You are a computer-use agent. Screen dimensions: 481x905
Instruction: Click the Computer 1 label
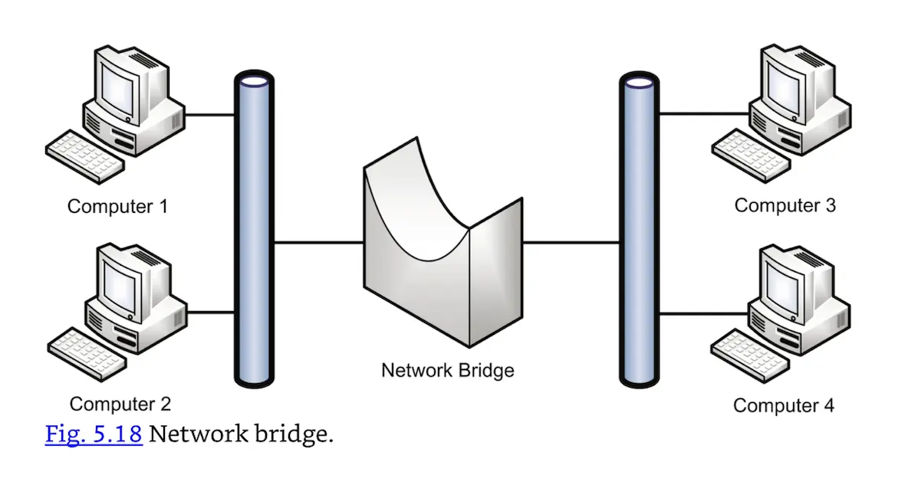pyautogui.click(x=117, y=206)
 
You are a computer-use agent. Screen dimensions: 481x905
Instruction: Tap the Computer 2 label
pyautogui.click(x=120, y=404)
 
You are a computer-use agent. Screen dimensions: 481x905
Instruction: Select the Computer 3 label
pyautogui.click(x=785, y=205)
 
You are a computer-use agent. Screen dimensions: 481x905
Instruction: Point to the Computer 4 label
pyautogui.click(x=783, y=405)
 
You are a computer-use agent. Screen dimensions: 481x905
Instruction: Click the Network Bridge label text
pyautogui.click(x=448, y=371)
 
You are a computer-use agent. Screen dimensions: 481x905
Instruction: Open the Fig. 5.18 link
pyautogui.click(x=94, y=434)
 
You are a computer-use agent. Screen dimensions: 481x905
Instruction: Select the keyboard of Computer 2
pyautogui.click(x=84, y=351)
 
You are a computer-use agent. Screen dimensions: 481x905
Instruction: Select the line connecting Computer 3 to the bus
pyautogui.click(x=702, y=114)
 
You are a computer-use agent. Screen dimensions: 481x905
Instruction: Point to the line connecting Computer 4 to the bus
pyautogui.click(x=702, y=313)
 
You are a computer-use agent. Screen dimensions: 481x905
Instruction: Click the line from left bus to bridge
pyautogui.click(x=318, y=243)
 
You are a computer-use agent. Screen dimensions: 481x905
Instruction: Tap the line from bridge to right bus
pyautogui.click(x=571, y=243)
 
